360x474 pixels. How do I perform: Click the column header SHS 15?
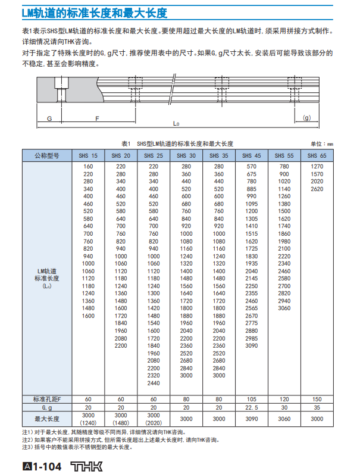[x=88, y=156]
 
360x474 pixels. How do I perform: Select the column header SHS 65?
[x=317, y=156]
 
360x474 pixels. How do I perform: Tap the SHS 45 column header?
[x=252, y=156]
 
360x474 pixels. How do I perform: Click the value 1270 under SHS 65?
[x=317, y=166]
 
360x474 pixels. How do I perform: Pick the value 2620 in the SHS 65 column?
[x=317, y=189]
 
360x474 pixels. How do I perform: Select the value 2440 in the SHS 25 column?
[x=154, y=383]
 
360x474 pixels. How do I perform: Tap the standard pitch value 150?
[x=317, y=398]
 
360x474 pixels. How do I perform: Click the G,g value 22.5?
[x=252, y=407]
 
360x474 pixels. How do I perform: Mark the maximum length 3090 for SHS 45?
[x=252, y=419]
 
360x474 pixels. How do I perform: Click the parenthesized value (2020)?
[x=154, y=423]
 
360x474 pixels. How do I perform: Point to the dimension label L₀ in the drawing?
[x=176, y=124]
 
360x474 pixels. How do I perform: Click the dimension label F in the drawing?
[x=97, y=118]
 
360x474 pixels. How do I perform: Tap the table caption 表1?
[x=126, y=144]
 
